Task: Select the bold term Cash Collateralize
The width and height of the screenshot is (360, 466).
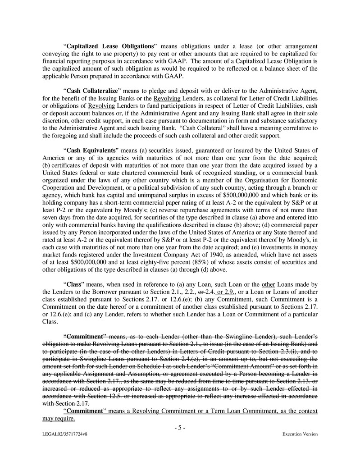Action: pos(93,91)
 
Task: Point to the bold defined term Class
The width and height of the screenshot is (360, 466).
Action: pos(74,284)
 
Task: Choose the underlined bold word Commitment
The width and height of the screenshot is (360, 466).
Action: pos(85,411)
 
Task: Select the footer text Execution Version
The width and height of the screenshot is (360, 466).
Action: pos(300,434)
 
